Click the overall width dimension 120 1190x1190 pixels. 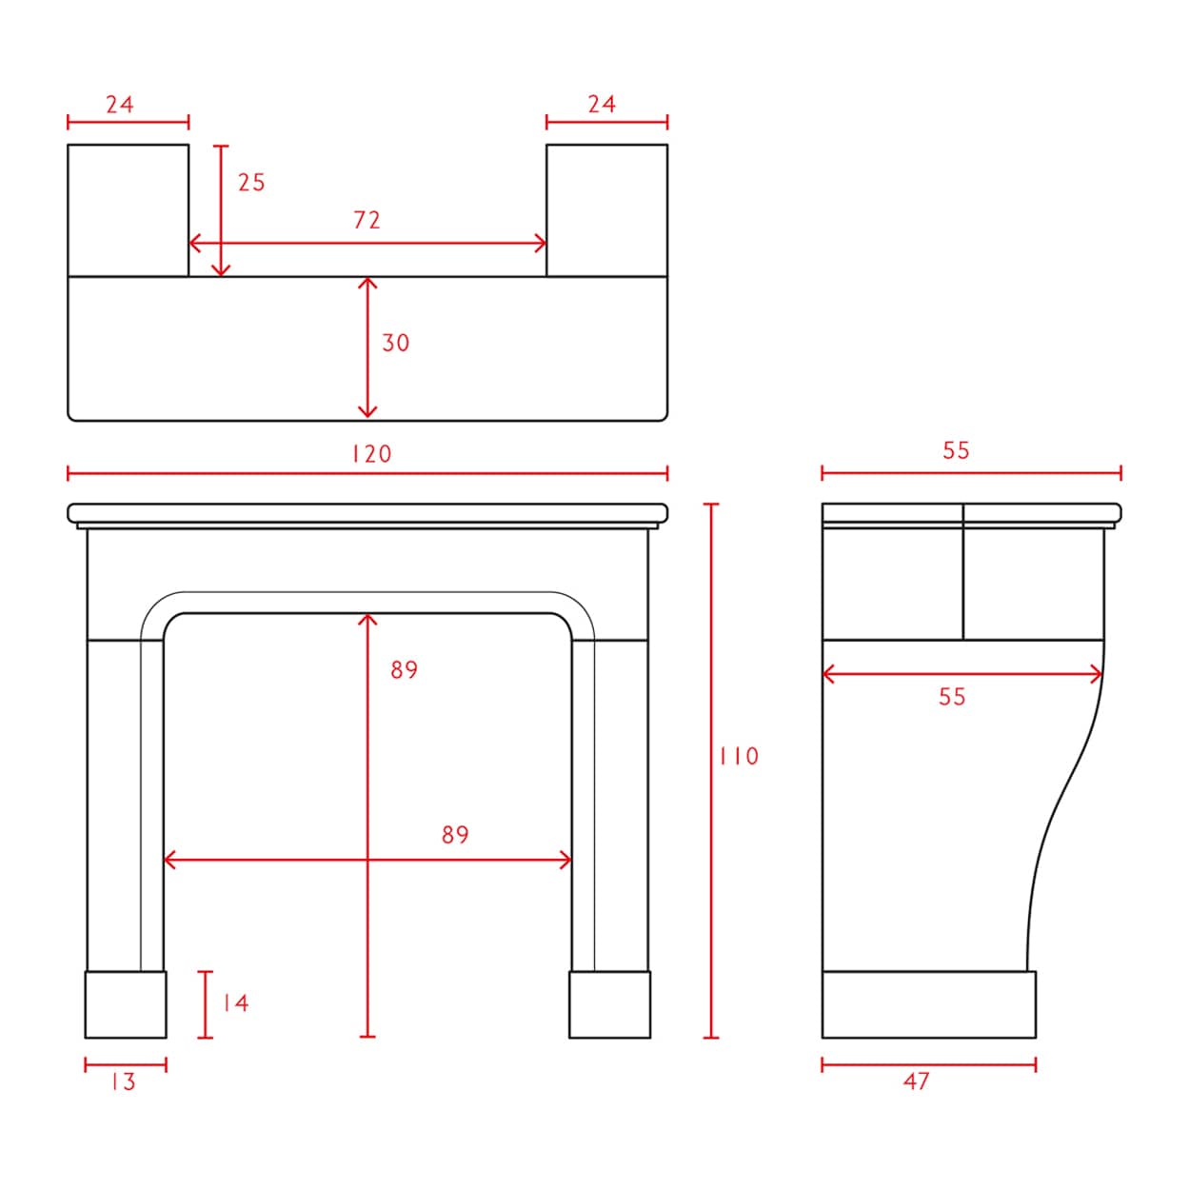[x=372, y=454]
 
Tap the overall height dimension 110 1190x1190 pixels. [x=739, y=757]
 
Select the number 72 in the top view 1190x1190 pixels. [x=367, y=220]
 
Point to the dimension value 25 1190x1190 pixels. [x=251, y=182]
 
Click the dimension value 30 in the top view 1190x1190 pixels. [x=396, y=343]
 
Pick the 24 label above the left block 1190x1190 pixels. [x=120, y=105]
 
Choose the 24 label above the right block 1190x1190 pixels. [x=602, y=104]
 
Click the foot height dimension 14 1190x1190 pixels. [x=236, y=1003]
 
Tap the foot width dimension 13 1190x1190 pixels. [x=124, y=1081]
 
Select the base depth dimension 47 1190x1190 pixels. [x=916, y=1081]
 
